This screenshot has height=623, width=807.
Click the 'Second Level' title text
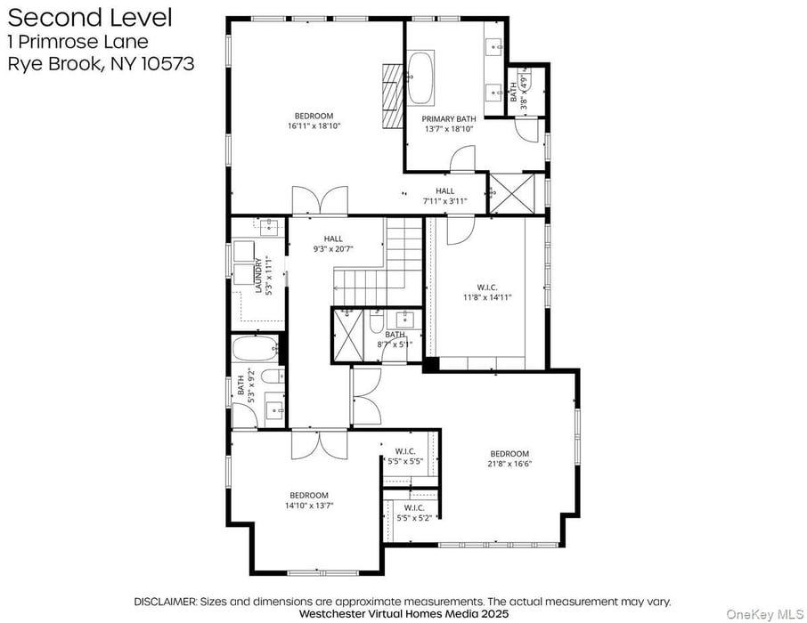point(89,17)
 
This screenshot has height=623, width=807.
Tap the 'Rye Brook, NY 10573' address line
point(100,63)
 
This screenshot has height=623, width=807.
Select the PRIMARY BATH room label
point(449,118)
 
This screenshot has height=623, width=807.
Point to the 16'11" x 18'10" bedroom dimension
point(314,126)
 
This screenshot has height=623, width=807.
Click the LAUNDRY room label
point(259,275)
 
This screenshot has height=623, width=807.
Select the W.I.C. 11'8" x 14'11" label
point(486,292)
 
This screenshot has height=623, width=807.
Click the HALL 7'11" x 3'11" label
point(444,196)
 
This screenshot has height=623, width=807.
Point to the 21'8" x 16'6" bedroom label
point(509,458)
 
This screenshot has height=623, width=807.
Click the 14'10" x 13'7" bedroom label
point(308,500)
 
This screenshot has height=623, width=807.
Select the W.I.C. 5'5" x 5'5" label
point(405,456)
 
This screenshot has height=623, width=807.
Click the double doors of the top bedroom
point(319,200)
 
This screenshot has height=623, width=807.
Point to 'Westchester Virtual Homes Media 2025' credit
point(403,613)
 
